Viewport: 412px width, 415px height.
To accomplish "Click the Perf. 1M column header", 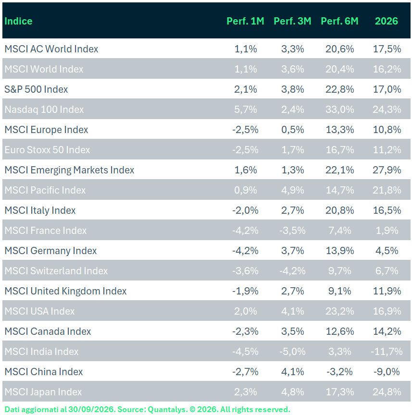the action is coord(245,21).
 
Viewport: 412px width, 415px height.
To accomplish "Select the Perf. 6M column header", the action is coord(339,21).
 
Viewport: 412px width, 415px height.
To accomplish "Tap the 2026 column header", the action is coord(387,21).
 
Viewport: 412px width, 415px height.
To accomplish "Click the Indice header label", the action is coord(18,21).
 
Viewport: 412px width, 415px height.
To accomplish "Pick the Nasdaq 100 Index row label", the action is coord(44,110).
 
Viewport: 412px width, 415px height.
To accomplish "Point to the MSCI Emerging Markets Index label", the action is coord(69,170).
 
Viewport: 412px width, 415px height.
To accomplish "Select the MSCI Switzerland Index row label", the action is coord(56,271).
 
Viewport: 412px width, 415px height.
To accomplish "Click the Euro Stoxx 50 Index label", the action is coord(47,150).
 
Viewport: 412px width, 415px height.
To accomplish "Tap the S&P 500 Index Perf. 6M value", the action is coord(340,89).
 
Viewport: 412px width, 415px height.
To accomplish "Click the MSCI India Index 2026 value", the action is coord(387,352).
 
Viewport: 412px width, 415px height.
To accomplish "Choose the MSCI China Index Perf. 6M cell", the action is coord(339,372).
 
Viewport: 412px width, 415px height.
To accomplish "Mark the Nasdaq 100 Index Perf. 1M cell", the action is coord(245,110).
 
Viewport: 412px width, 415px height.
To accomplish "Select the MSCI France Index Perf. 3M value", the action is coord(292,231).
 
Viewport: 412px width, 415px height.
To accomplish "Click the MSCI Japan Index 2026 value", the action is coord(387,392).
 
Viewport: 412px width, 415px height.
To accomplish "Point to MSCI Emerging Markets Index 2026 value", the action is coord(387,170).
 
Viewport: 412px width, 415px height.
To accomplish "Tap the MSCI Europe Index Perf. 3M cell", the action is coord(292,130).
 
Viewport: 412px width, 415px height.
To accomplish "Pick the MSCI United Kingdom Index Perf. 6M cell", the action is coord(340,291).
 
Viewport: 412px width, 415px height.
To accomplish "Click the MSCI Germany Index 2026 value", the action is coord(387,251).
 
